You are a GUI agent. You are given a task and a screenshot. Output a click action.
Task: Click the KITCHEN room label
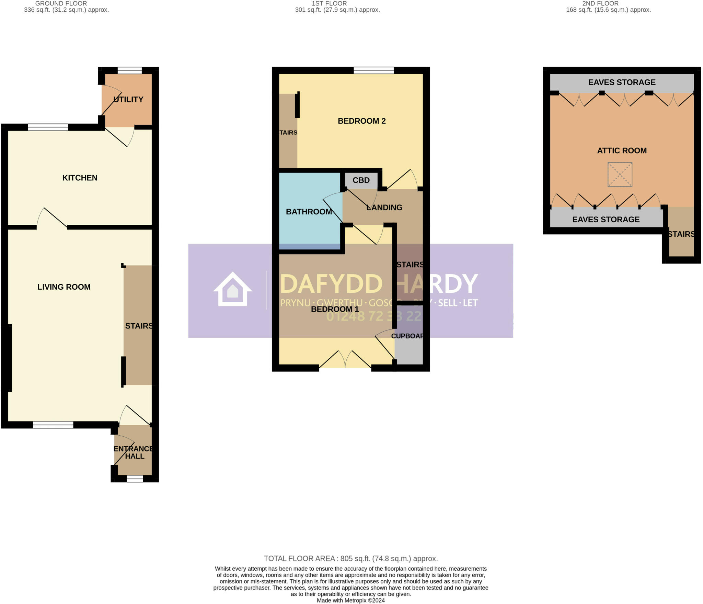click(x=80, y=178)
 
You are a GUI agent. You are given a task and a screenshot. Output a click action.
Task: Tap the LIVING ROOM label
click(x=64, y=287)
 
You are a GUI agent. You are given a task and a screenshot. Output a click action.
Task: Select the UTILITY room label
click(x=128, y=99)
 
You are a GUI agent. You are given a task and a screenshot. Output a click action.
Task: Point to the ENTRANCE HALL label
click(x=134, y=452)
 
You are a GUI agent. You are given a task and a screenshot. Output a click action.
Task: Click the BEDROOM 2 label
click(x=361, y=121)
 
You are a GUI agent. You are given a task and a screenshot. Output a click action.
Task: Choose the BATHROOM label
click(x=309, y=212)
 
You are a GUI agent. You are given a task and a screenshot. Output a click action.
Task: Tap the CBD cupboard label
click(x=361, y=180)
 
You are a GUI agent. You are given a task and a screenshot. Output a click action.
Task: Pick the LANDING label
click(x=384, y=208)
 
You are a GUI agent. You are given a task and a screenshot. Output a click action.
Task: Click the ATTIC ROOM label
click(x=622, y=150)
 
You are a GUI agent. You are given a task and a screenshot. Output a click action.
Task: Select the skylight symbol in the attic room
click(x=620, y=175)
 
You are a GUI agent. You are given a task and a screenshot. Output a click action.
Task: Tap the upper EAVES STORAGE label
click(x=622, y=82)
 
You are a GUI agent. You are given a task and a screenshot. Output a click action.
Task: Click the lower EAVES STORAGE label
click(x=606, y=220)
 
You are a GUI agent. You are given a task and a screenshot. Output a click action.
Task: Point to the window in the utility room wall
click(x=130, y=70)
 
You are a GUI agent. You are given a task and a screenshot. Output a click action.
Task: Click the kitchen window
click(x=48, y=127)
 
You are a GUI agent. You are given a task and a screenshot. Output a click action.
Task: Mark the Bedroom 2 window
click(x=374, y=70)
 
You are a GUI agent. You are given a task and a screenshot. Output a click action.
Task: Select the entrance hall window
click(x=135, y=479)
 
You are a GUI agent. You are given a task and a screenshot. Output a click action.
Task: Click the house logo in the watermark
click(x=233, y=289)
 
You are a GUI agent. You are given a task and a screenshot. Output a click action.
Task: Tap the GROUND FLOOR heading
click(x=61, y=3)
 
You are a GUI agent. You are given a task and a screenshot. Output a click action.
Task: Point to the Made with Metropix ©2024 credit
click(x=350, y=601)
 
